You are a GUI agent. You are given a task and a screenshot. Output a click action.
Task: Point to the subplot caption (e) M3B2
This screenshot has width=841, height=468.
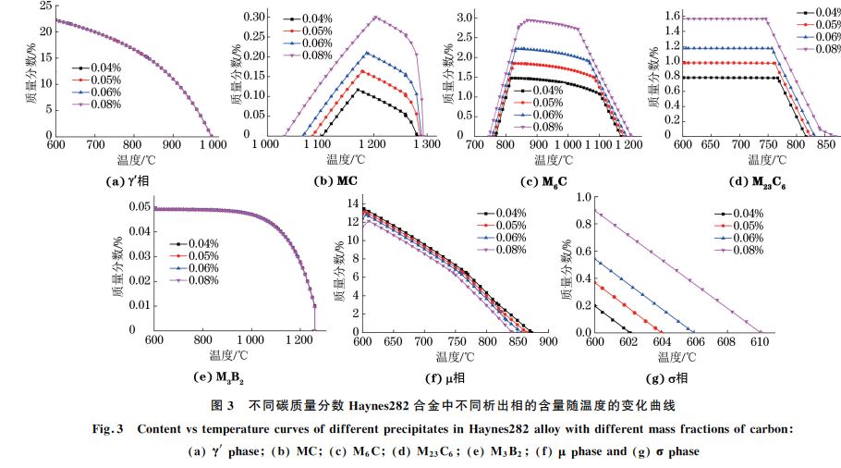click(226, 376)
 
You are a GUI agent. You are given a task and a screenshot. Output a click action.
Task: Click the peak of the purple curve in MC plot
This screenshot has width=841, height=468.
click(375, 17)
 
